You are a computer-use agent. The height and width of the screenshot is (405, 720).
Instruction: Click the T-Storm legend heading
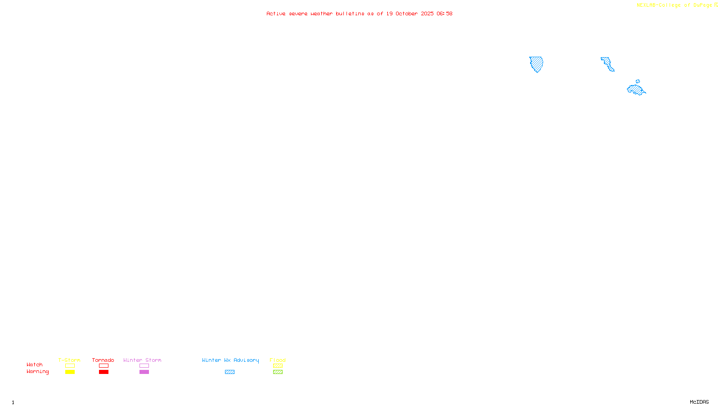click(69, 360)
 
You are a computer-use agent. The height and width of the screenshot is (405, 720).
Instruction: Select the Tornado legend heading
click(103, 360)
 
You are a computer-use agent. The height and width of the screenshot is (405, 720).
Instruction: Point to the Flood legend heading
click(278, 360)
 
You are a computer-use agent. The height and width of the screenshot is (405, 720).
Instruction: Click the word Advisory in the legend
click(246, 360)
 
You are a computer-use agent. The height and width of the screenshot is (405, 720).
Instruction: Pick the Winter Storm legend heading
click(142, 360)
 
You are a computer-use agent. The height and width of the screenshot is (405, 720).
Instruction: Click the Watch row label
click(35, 364)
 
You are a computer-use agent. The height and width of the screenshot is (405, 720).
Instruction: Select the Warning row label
click(38, 372)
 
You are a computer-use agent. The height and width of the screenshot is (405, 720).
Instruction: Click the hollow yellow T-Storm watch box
click(70, 366)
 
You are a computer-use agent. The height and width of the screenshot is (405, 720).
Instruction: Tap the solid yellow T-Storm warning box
click(70, 372)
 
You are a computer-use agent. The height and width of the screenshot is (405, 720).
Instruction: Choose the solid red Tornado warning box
click(104, 372)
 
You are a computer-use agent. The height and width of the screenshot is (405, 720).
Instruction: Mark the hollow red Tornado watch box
click(104, 366)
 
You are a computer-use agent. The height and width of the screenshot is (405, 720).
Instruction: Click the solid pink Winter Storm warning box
click(144, 372)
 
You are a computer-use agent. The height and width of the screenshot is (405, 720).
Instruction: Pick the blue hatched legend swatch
click(229, 372)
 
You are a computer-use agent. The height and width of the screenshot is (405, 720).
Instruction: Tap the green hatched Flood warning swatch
click(278, 372)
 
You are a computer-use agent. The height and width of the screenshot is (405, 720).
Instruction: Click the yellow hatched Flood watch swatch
click(278, 366)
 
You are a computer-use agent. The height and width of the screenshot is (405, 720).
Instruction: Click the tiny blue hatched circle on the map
click(638, 81)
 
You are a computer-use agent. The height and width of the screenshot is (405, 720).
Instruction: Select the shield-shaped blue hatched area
click(536, 64)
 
